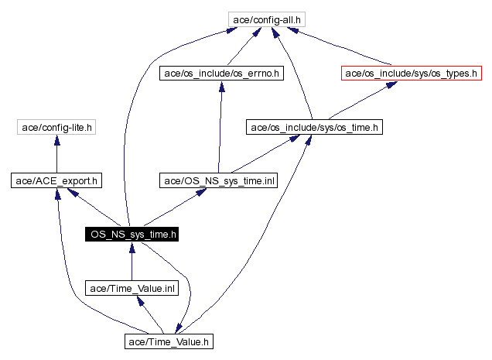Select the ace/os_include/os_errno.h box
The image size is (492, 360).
pyautogui.click(x=221, y=74)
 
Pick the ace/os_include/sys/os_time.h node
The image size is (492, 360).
pyautogui.click(x=313, y=126)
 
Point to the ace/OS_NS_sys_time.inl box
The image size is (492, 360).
pyautogui.click(x=218, y=180)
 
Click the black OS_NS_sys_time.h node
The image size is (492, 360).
pyautogui.click(x=132, y=233)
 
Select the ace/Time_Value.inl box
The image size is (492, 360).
pyautogui.click(x=132, y=288)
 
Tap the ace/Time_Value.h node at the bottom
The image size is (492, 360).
pyautogui.click(x=169, y=341)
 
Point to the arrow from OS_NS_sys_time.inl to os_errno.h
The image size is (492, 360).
pyautogui.click(x=220, y=128)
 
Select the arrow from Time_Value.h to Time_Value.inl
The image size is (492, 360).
pyautogui.click(x=151, y=315)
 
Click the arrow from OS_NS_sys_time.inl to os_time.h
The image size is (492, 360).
pyautogui.click(x=263, y=155)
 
